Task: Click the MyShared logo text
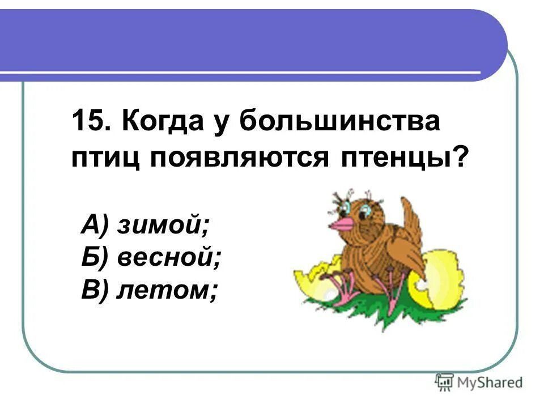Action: [x=491, y=382]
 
